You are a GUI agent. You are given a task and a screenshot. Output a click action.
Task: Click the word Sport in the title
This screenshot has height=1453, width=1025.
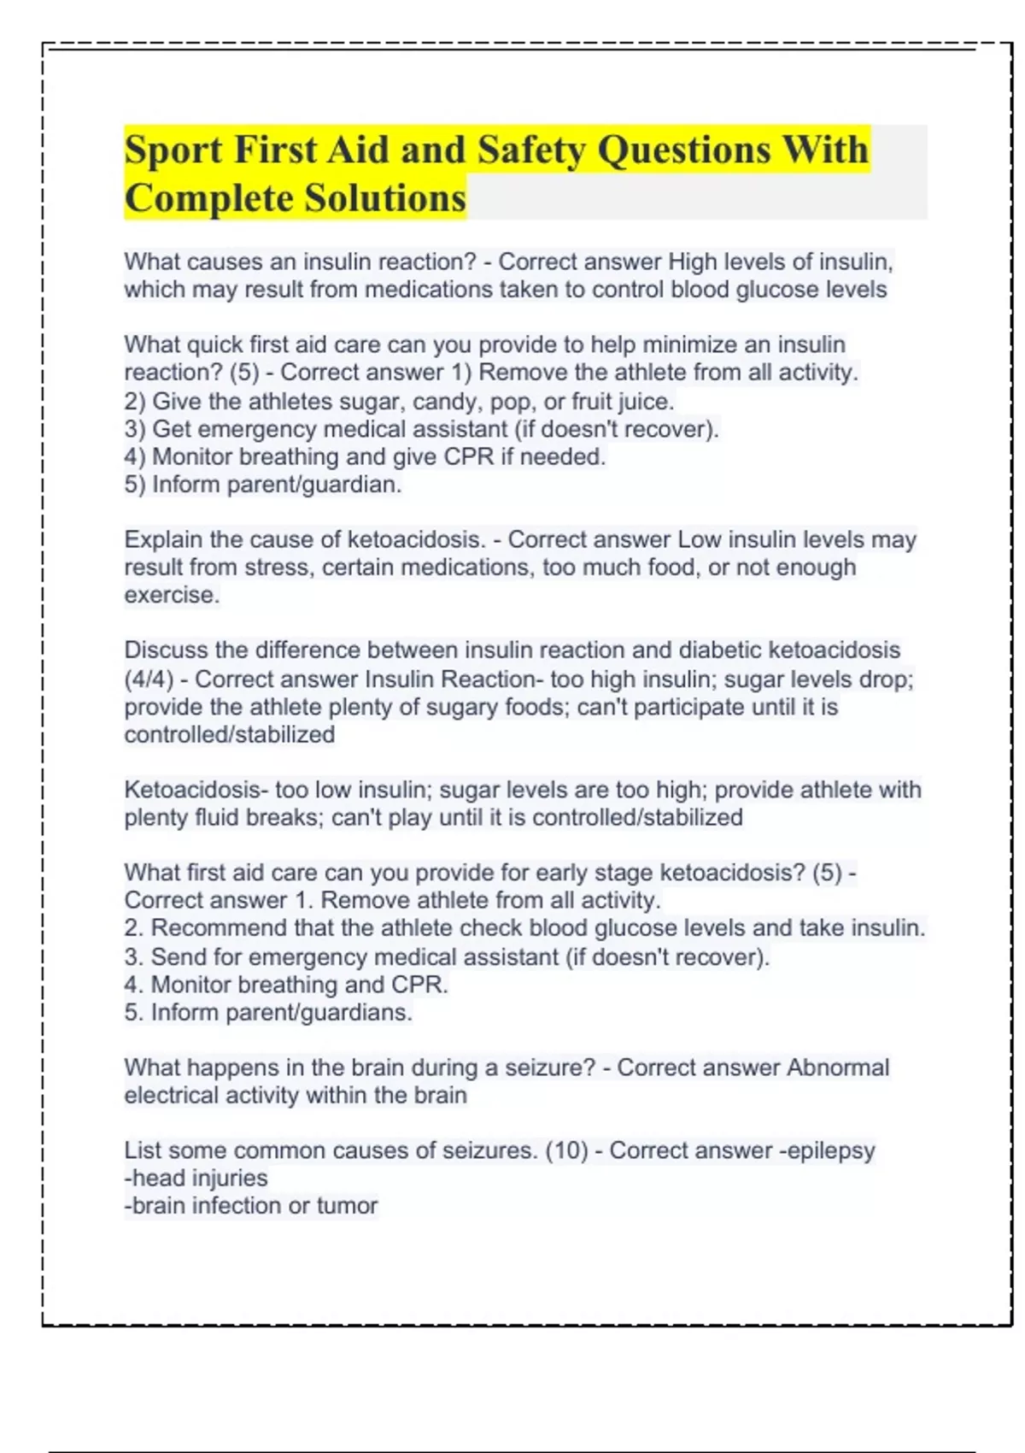(173, 150)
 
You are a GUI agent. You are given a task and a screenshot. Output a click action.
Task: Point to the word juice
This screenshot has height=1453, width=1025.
(646, 401)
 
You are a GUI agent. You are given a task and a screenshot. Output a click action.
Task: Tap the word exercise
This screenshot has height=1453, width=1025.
(171, 595)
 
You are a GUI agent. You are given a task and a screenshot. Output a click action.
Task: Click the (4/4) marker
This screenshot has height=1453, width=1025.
(149, 679)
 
